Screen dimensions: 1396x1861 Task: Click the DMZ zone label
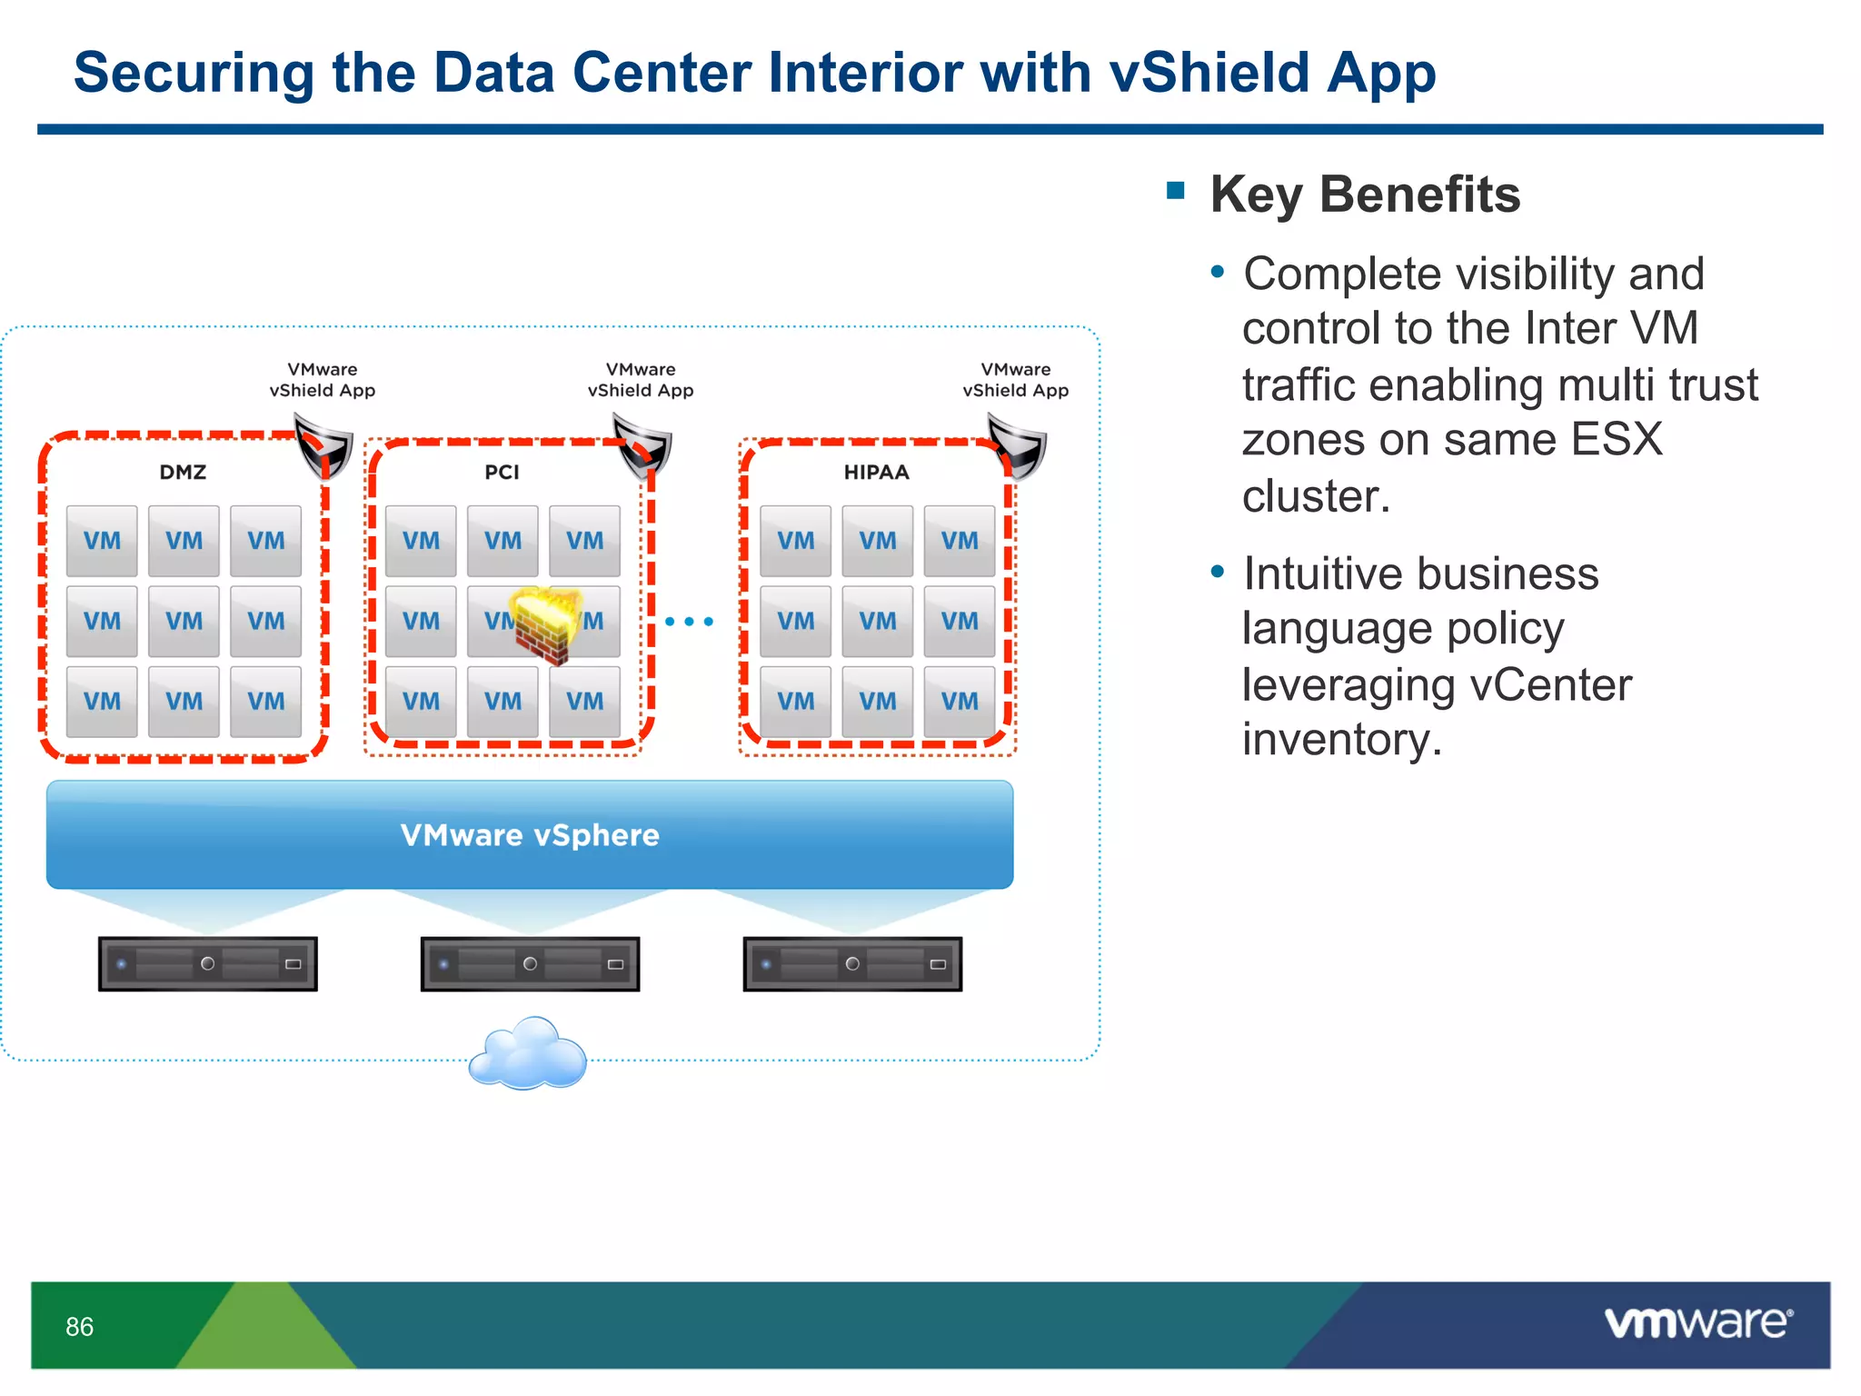tap(183, 472)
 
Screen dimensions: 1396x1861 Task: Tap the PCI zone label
tap(502, 472)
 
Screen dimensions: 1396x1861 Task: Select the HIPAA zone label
tap(876, 472)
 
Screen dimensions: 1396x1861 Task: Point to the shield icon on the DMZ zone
tap(323, 446)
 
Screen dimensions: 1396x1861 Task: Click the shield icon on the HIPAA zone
tap(1017, 446)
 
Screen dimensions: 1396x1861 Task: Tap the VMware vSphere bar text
tap(530, 835)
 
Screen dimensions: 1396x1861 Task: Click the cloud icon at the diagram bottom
tap(528, 1054)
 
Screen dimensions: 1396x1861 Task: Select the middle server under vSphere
tap(530, 963)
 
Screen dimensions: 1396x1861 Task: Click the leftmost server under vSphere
tap(208, 963)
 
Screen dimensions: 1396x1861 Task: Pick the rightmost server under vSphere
tap(852, 963)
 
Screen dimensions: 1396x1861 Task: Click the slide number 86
tap(80, 1327)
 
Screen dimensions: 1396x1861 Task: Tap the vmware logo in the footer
tap(1698, 1322)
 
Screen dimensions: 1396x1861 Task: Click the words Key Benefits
tap(1365, 194)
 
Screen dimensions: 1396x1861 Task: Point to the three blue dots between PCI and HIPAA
tap(689, 622)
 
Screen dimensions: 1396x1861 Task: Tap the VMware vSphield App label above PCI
tap(641, 380)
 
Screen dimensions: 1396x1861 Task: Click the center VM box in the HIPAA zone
tap(877, 621)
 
